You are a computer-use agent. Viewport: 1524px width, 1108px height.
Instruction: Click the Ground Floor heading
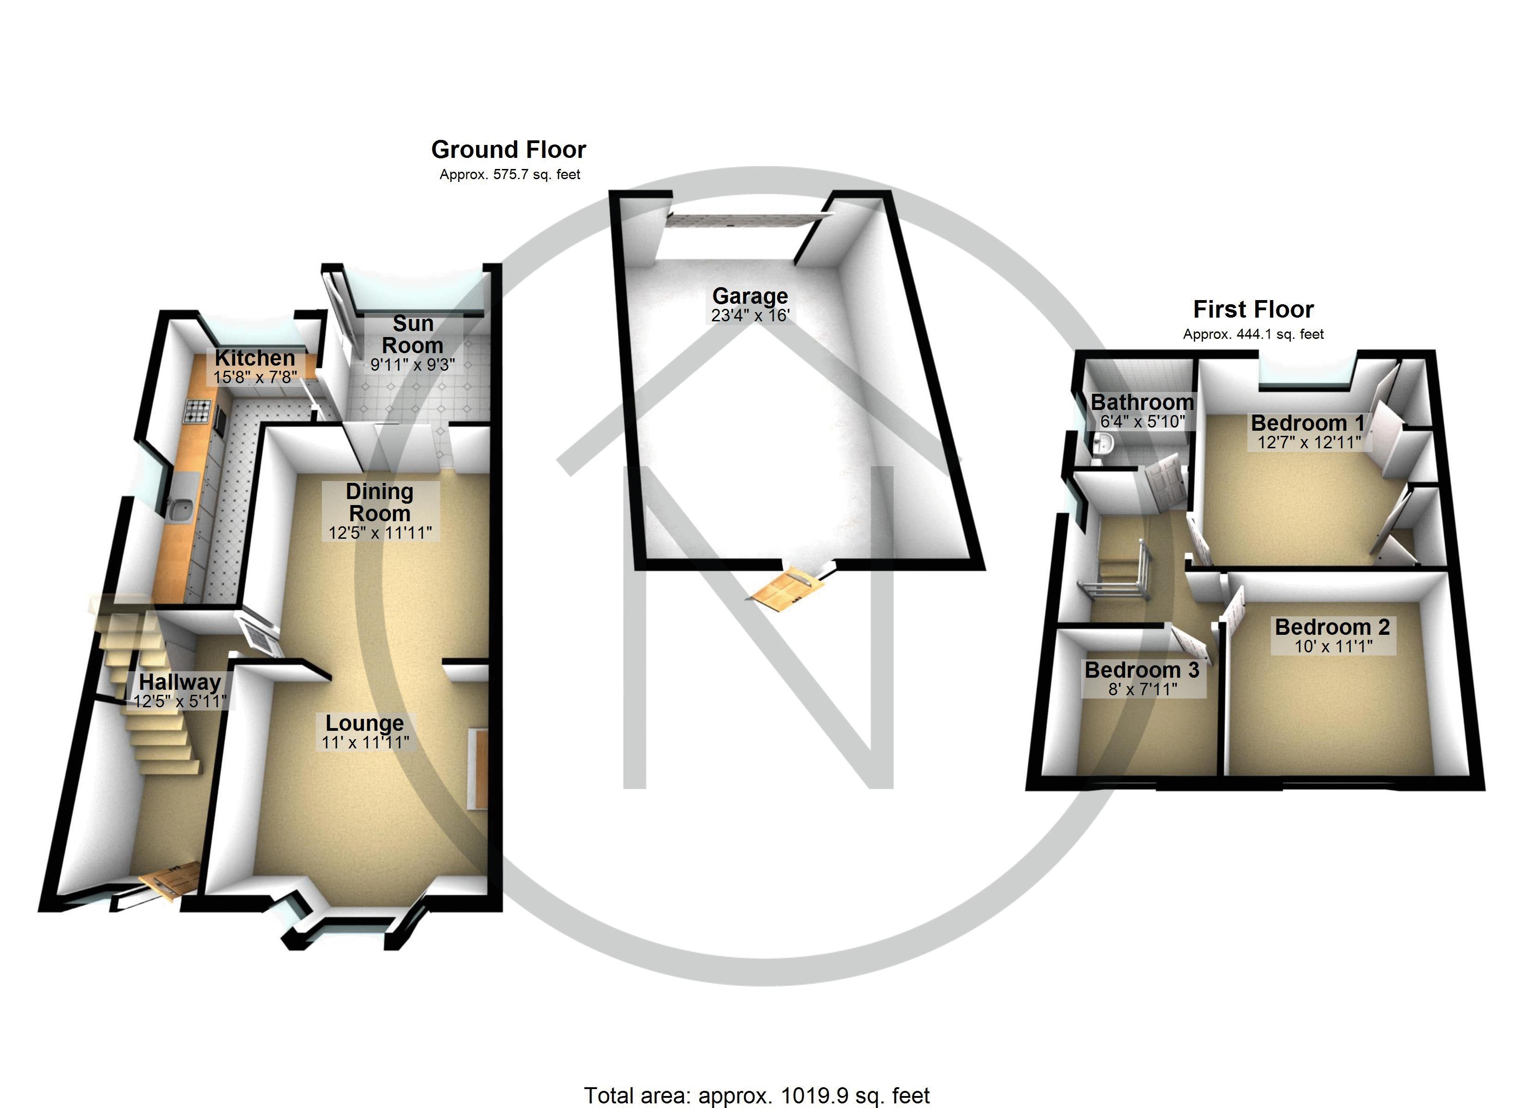tap(508, 149)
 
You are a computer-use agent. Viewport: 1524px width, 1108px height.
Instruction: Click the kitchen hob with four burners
tap(198, 411)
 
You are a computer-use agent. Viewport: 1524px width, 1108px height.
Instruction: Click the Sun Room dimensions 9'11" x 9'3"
tap(412, 365)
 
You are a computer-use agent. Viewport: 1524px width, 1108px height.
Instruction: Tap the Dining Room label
tap(380, 502)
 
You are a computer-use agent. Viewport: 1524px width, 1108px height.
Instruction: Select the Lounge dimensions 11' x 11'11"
tap(365, 742)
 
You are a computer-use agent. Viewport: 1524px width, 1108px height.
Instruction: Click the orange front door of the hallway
tap(172, 878)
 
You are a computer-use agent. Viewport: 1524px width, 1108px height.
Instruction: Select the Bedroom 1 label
tap(1307, 423)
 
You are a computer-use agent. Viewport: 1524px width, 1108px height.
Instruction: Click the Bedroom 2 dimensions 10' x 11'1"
tap(1333, 646)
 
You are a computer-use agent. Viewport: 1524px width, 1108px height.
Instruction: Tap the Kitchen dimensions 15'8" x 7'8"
tap(255, 377)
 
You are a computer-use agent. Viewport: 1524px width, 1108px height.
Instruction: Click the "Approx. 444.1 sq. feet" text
tap(1253, 334)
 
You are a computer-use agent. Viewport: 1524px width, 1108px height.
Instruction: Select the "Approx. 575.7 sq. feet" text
tap(509, 175)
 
